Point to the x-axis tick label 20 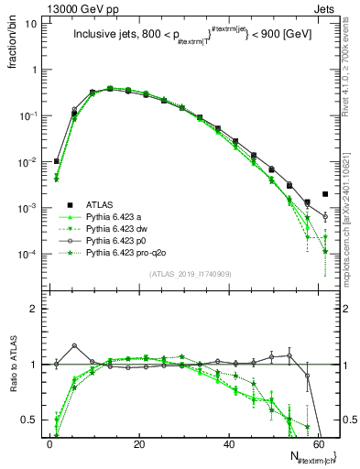[138, 442]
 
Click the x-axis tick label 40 [229, 442]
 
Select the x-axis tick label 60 [319, 442]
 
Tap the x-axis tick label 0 [49, 442]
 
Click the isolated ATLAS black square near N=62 [325, 194]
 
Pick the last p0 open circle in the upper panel [325, 217]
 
